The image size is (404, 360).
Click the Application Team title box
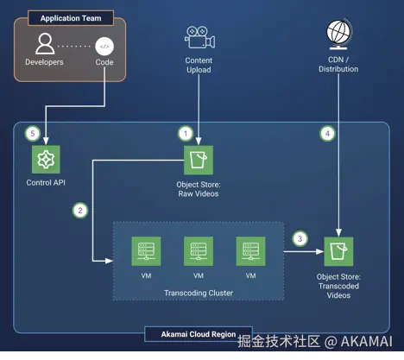coord(71,18)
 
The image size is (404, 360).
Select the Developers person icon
coord(45,44)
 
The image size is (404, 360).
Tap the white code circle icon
coord(104,47)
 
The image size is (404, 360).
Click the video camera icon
coord(199,37)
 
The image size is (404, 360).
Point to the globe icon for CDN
coord(339,35)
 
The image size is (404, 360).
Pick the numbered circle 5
coord(33,134)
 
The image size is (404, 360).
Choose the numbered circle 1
coord(186,134)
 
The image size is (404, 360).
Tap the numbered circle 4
coord(327,134)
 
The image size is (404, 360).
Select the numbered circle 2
coord(80,211)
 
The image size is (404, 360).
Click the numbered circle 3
coord(300,238)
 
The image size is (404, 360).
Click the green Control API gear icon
coord(46,160)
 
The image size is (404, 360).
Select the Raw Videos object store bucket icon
coord(199,160)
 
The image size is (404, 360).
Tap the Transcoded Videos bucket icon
coord(338,251)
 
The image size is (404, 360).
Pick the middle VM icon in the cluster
coord(199,251)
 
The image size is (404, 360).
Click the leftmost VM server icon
coord(146,251)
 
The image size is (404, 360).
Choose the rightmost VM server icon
coord(251,251)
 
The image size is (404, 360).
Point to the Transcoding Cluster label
coord(199,293)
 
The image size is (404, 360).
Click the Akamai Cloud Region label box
coord(199,334)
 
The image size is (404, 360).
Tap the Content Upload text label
coord(199,65)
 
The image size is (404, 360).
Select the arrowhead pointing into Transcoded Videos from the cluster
coord(320,251)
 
